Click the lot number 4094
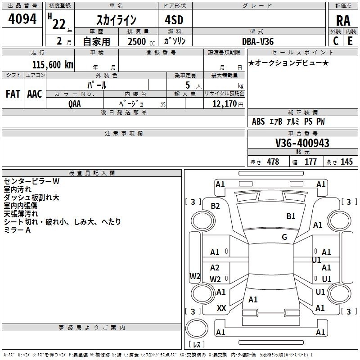[x=22, y=19]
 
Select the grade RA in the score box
[x=343, y=21]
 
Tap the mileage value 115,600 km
[x=53, y=64]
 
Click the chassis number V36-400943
[x=302, y=143]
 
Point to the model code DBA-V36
[x=258, y=41]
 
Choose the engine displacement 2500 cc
[x=141, y=41]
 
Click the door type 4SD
[x=174, y=20]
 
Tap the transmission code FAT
[x=13, y=94]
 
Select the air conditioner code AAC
[x=35, y=94]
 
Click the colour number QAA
[x=74, y=104]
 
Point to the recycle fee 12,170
[x=225, y=103]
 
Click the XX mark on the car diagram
[x=221, y=308]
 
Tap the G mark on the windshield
[x=284, y=237]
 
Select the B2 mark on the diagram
[x=215, y=206]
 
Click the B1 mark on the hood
[x=291, y=216]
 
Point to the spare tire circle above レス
[x=197, y=328]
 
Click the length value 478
[x=273, y=162]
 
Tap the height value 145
[x=346, y=162]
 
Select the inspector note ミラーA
[x=17, y=230]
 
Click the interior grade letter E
[x=350, y=41]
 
